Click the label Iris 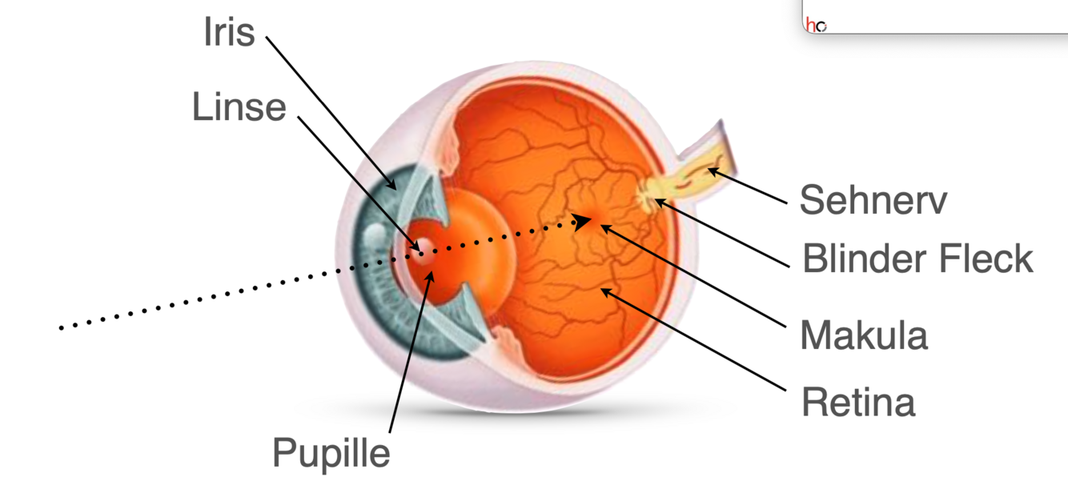(x=230, y=34)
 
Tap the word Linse (x=239, y=106)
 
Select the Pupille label (x=331, y=452)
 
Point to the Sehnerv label (x=873, y=200)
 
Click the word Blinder (x=867, y=259)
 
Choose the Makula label (x=864, y=335)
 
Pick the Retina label (x=857, y=403)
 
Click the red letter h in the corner (x=811, y=26)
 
